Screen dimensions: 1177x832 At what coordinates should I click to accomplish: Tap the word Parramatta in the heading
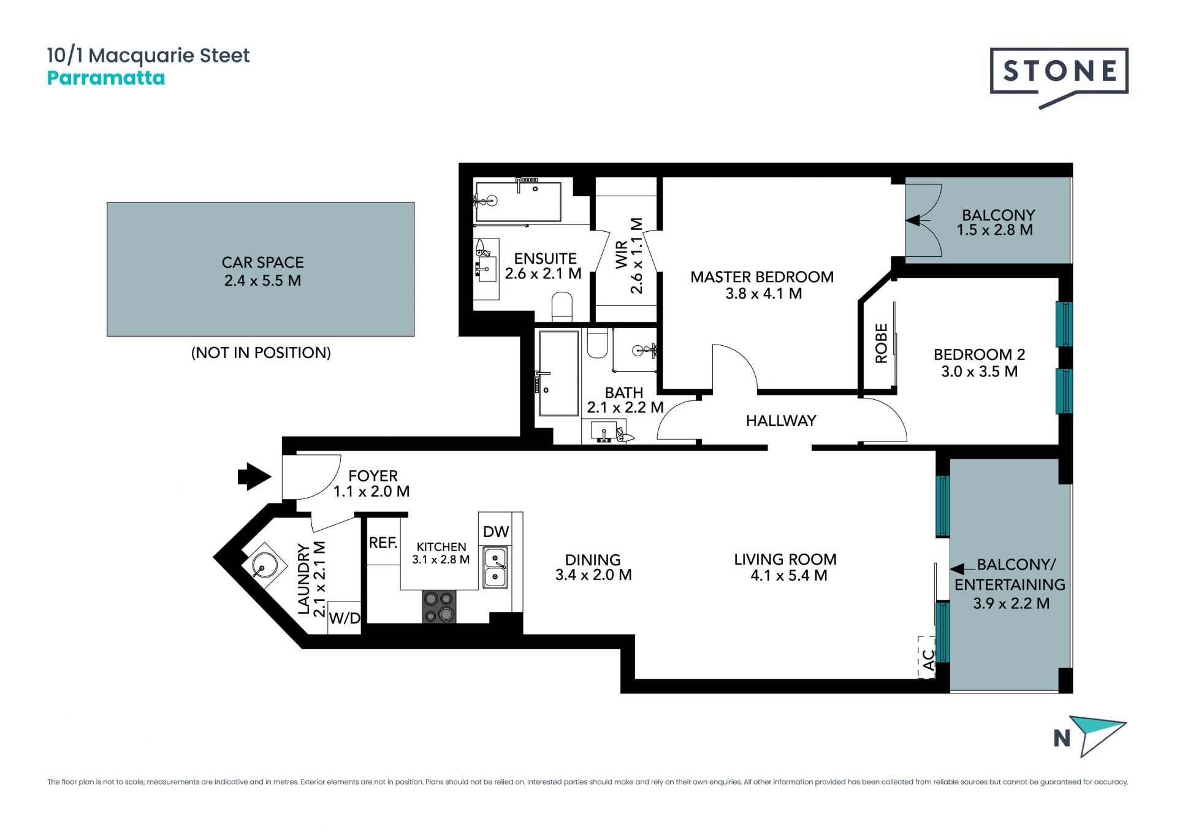point(106,78)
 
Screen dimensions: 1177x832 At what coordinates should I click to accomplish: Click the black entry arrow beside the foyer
point(254,476)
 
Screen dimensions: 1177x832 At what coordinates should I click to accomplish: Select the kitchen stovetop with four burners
point(439,606)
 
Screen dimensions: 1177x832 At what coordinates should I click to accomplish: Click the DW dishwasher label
point(496,532)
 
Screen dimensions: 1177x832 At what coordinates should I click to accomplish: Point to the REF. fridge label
point(383,543)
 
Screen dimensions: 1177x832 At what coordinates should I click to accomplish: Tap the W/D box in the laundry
point(345,617)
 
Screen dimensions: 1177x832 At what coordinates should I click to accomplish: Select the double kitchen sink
point(495,568)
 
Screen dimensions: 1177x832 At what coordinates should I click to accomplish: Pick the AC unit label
point(929,660)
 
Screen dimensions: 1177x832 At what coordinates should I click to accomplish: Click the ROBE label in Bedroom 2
point(882,343)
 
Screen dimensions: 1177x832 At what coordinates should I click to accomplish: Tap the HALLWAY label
point(781,421)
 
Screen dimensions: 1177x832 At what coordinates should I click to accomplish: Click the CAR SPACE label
point(263,262)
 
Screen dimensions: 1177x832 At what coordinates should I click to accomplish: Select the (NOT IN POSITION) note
point(261,353)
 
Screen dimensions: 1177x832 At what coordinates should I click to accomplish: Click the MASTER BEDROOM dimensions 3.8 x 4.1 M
point(764,294)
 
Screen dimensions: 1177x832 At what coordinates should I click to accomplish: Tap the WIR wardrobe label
point(622,254)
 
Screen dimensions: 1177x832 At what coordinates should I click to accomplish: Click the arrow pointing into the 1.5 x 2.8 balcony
point(918,219)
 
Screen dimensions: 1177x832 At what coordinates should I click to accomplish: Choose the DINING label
point(593,560)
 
